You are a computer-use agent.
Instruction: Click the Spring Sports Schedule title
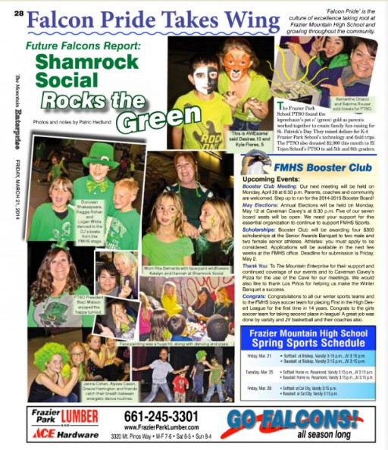309,339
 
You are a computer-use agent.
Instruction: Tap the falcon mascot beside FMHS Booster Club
255,163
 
